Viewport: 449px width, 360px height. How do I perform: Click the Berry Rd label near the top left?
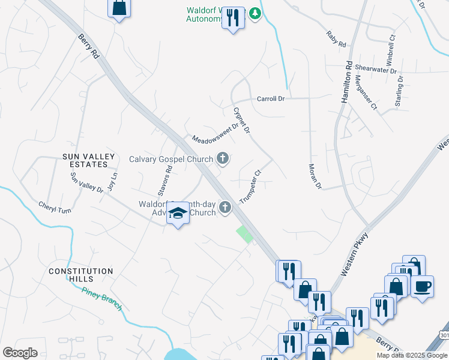[88, 46]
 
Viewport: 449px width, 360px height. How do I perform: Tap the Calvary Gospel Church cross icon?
[223, 159]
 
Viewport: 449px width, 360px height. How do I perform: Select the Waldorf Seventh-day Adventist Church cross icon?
[225, 208]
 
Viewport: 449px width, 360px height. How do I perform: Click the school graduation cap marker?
[178, 214]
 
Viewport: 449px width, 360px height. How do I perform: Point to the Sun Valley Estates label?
[89, 161]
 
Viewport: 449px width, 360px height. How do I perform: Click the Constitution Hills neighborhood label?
[81, 275]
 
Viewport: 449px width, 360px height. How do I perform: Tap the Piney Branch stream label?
[102, 298]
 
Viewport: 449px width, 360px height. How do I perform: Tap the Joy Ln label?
[112, 181]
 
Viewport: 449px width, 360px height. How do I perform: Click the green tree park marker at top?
[255, 13]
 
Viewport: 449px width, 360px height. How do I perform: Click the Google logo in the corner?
[20, 352]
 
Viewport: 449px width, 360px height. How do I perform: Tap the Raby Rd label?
[337, 40]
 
